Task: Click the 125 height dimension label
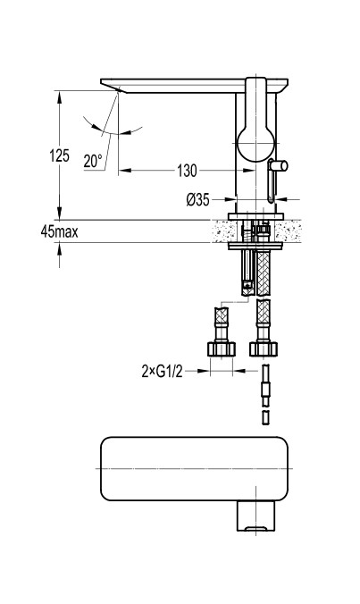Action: point(59,155)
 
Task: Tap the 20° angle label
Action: point(93,161)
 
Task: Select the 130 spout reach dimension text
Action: point(187,171)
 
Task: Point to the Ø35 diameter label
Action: point(198,199)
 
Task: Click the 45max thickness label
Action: point(59,231)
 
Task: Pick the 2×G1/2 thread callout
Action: point(162,372)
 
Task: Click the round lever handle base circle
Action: point(255,143)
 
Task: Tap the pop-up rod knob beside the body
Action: point(279,166)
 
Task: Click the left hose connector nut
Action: point(222,348)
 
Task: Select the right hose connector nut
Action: point(263,348)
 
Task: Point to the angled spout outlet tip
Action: point(117,89)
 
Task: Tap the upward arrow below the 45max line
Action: point(59,249)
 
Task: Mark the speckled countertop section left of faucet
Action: point(220,231)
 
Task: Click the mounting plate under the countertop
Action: point(255,246)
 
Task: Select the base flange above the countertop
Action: point(255,216)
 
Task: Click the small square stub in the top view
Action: point(256,516)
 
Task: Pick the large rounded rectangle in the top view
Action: point(194,468)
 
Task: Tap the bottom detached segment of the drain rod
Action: point(265,417)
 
